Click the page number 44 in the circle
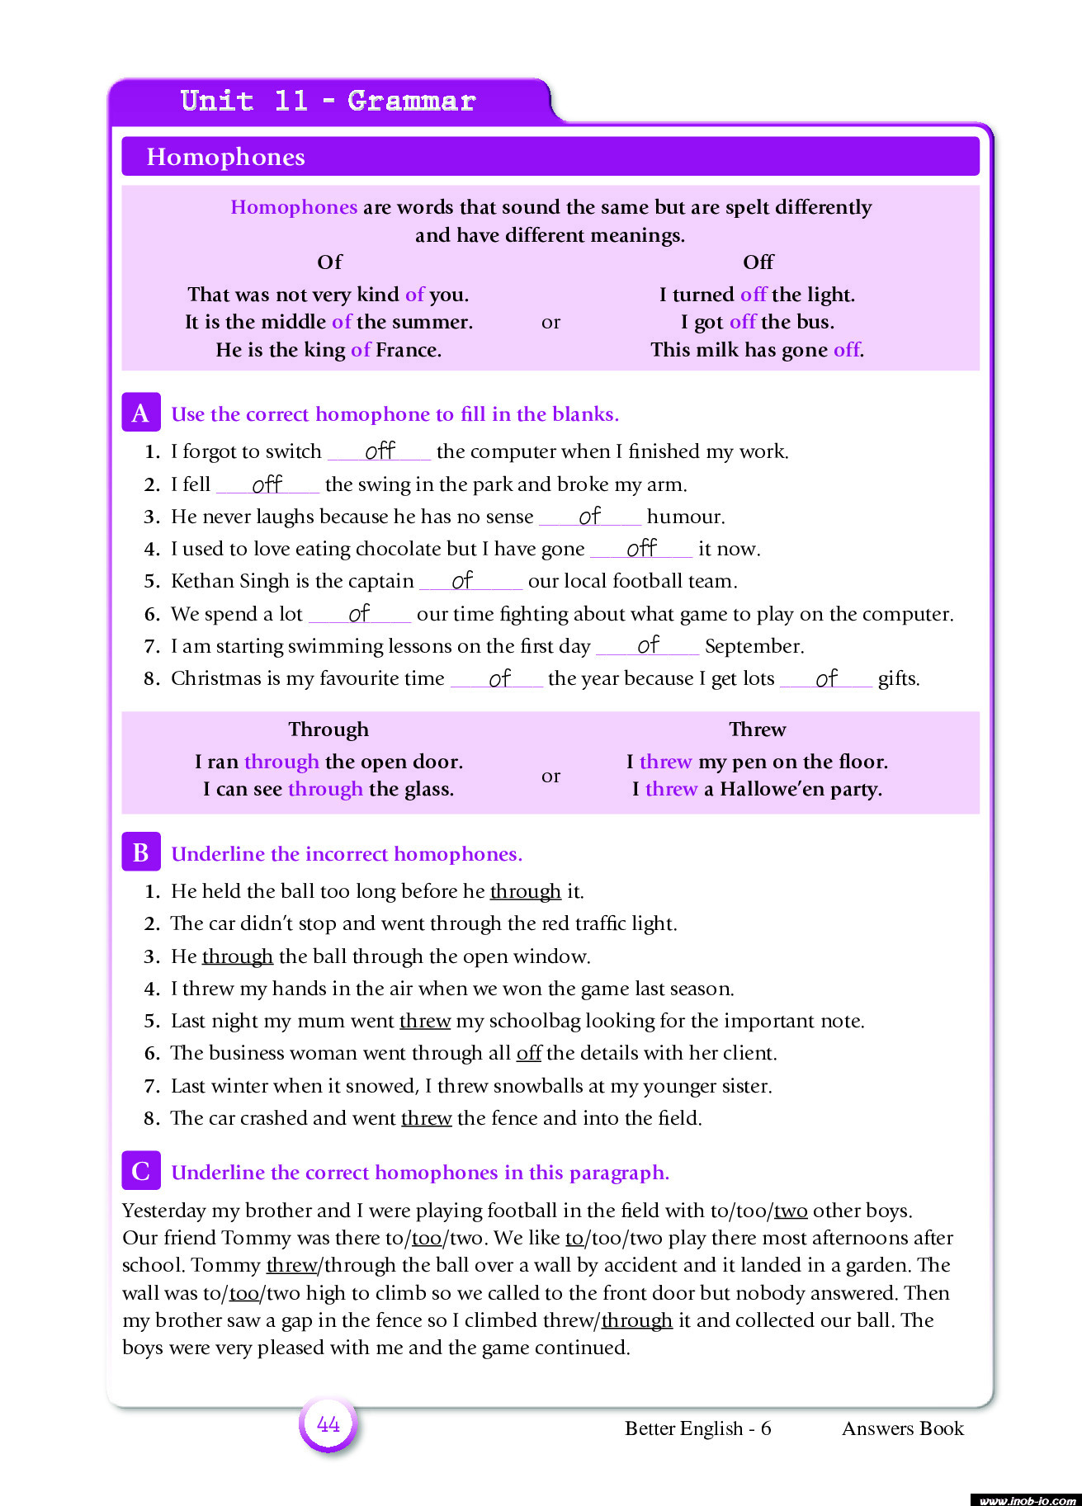point(328,1424)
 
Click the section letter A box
point(141,413)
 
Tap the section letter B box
point(141,852)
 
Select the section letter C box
point(141,1171)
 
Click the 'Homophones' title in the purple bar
point(225,157)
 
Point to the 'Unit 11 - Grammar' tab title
point(328,101)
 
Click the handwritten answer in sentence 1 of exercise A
point(380,451)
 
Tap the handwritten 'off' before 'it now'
point(641,548)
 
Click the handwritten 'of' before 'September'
point(648,644)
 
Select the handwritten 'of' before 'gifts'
point(826,678)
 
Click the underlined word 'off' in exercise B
point(529,1053)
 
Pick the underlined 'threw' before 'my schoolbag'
point(425,1021)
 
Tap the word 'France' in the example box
point(408,350)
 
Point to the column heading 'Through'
point(328,729)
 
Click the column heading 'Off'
point(758,262)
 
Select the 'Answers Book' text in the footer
point(902,1428)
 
